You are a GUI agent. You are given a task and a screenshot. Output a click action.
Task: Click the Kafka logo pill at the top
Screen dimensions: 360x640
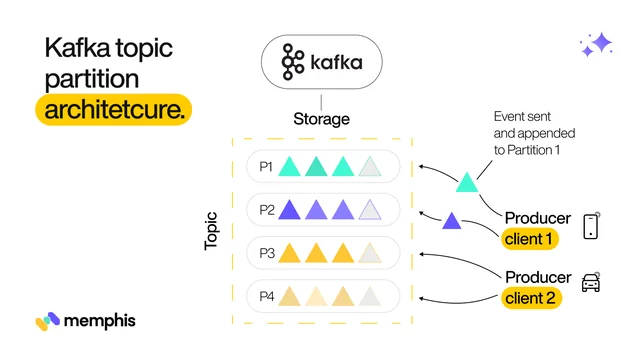321,62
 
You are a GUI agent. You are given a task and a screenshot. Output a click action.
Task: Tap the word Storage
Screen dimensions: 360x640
321,119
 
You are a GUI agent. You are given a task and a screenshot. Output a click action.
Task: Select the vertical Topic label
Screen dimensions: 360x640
211,229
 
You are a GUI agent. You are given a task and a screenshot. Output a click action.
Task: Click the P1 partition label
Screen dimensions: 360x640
266,166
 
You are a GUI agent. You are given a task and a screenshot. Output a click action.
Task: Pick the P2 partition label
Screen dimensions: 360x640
266,209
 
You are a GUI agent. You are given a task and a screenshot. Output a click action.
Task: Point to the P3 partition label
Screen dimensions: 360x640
266,253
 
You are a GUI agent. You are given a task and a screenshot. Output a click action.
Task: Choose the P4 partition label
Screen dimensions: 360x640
266,296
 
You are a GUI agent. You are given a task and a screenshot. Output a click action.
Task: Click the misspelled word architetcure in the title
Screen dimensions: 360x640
114,110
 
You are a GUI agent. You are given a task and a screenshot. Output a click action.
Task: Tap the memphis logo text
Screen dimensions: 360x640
99,321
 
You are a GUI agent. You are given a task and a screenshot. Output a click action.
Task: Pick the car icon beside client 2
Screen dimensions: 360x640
590,281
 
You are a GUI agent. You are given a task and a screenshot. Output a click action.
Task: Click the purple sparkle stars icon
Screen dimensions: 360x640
596,45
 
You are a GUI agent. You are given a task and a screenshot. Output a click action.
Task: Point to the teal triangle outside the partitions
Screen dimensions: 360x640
467,182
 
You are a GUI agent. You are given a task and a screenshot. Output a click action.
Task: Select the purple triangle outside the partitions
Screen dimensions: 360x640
452,221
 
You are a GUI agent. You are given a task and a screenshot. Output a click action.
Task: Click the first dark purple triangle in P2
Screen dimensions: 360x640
290,210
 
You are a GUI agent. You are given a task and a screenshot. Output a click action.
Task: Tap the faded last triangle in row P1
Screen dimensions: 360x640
370,167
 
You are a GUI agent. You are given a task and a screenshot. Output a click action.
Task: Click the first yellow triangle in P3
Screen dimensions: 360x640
290,253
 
